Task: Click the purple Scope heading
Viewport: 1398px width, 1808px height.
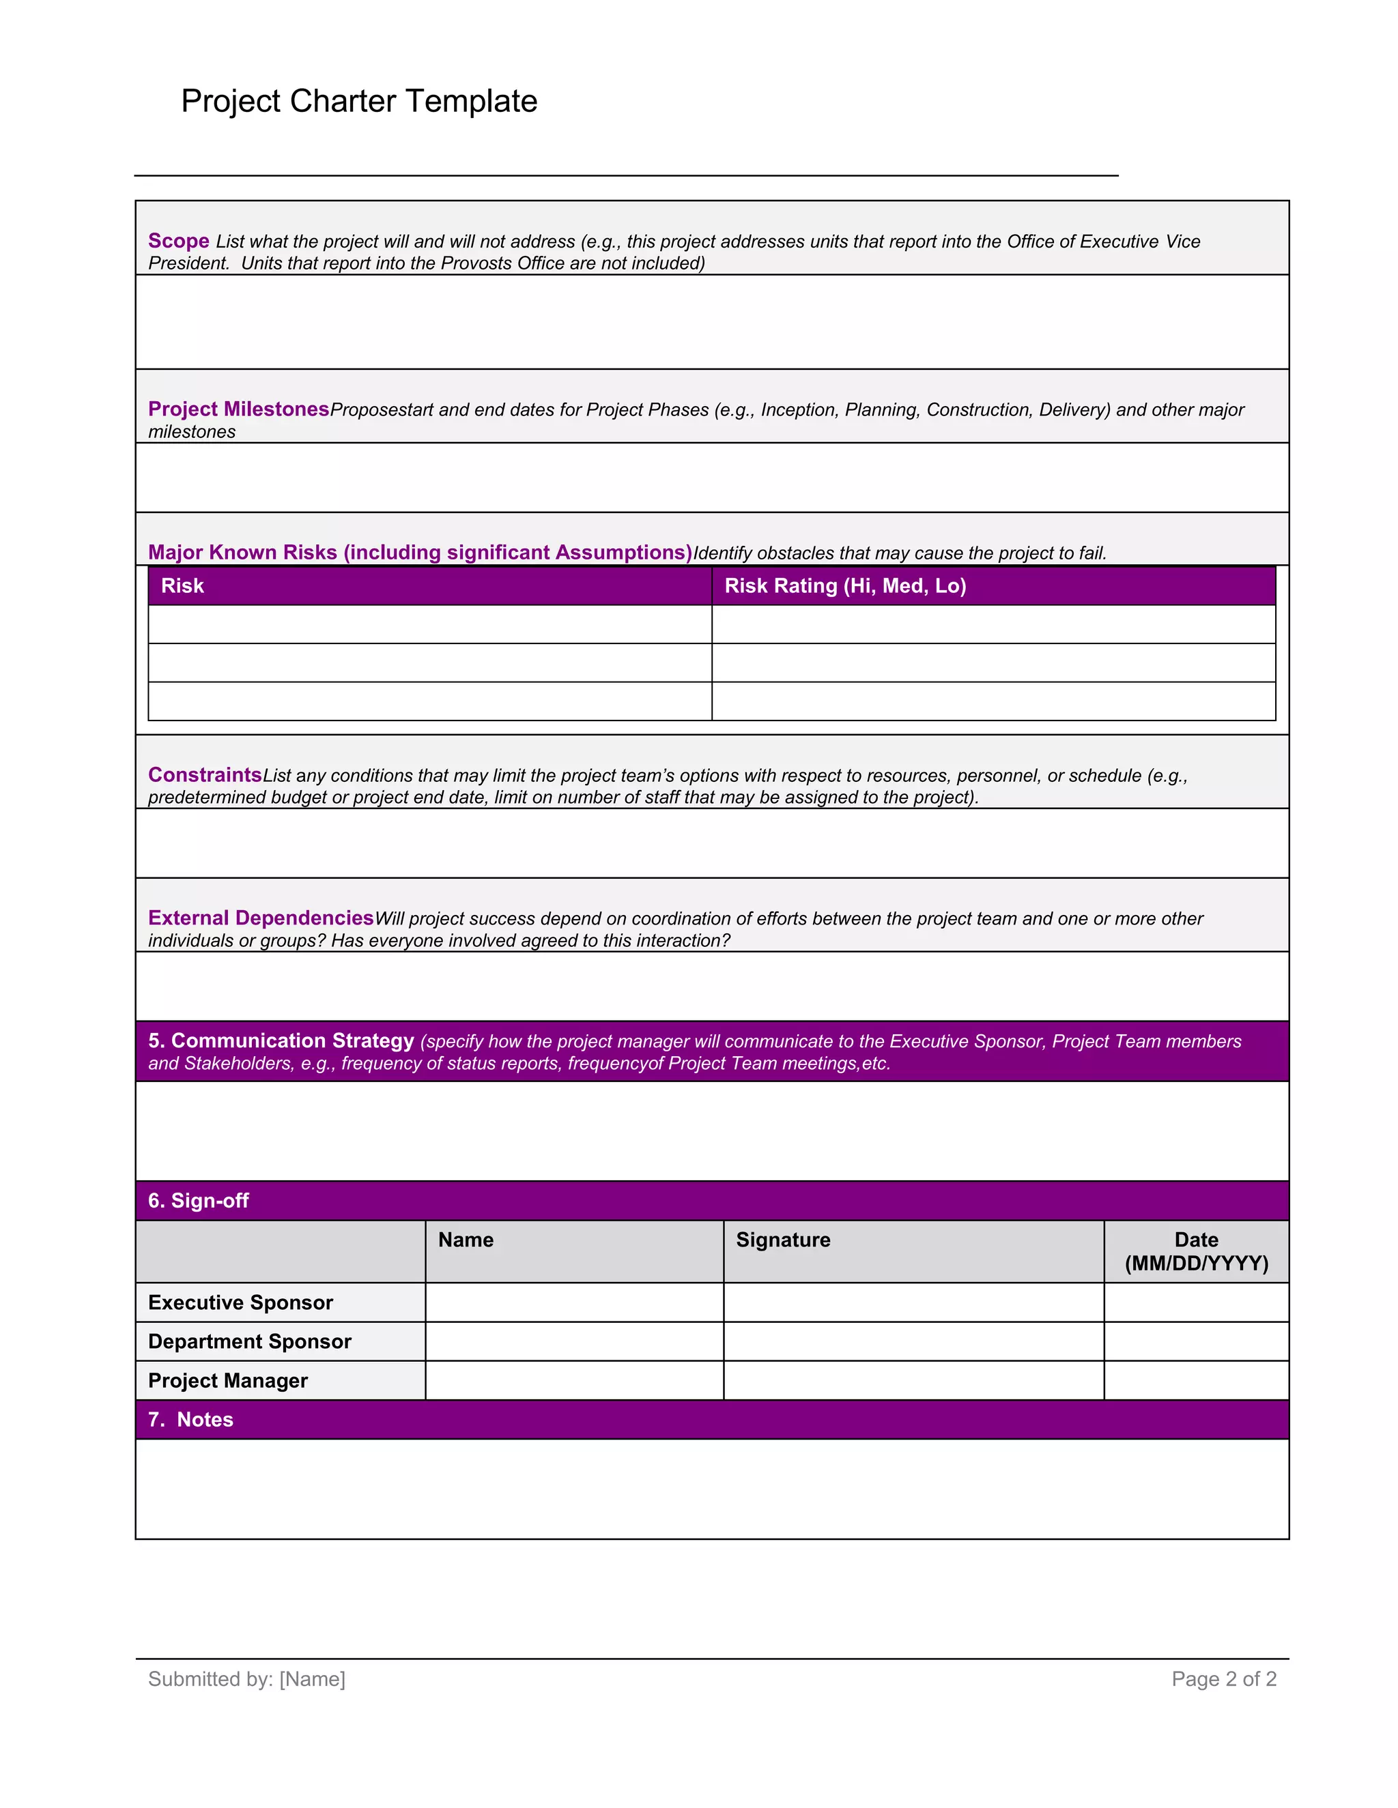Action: (x=178, y=241)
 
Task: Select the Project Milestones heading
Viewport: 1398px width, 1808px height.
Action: (x=238, y=409)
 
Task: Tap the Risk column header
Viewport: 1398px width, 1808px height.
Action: (x=182, y=586)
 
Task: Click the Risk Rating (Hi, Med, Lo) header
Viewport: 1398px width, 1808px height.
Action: (x=845, y=586)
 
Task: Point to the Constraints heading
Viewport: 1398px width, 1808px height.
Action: (x=205, y=775)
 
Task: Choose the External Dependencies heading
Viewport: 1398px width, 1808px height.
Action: (x=261, y=918)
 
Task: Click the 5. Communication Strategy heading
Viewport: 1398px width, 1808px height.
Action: (x=281, y=1040)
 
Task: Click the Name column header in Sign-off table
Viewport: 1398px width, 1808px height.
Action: (x=466, y=1240)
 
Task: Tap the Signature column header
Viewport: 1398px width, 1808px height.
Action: (x=783, y=1240)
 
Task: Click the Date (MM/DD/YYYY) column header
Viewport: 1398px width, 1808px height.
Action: (x=1196, y=1252)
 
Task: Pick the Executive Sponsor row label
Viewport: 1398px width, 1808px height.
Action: (x=240, y=1303)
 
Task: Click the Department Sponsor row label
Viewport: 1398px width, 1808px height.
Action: (x=249, y=1342)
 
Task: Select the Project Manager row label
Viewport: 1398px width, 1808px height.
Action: (x=228, y=1381)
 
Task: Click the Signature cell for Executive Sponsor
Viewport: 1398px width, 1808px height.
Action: (x=913, y=1303)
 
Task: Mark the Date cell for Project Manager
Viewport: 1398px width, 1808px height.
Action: (x=1196, y=1381)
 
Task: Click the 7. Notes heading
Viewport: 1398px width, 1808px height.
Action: (x=191, y=1420)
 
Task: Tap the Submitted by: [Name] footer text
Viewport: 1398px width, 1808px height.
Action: (x=247, y=1679)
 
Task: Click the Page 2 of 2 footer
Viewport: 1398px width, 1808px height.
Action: (x=1223, y=1679)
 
